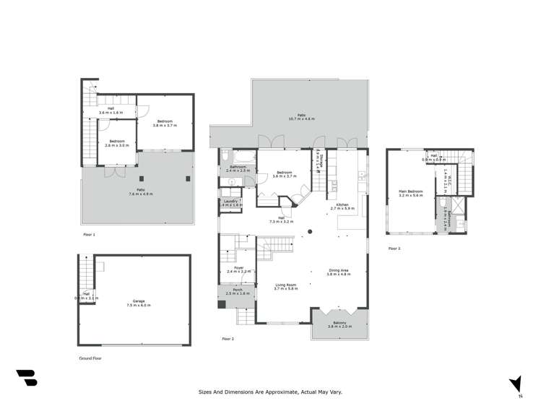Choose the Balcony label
(x=339, y=324)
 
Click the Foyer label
(x=238, y=269)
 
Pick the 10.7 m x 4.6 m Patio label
(x=302, y=117)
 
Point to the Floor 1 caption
(x=89, y=235)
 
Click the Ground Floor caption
(x=90, y=358)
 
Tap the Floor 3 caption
(x=394, y=249)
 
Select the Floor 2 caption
(x=228, y=339)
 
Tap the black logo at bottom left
(x=26, y=378)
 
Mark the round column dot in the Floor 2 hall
(x=309, y=231)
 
